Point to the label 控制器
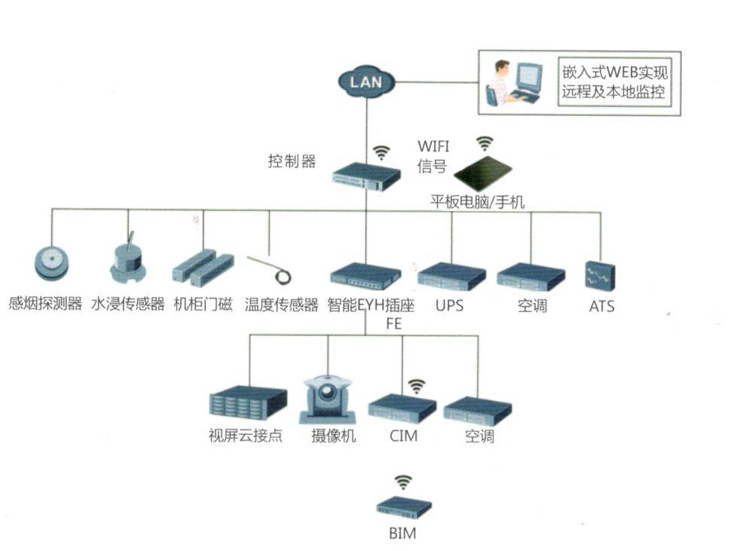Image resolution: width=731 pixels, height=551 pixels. pyautogui.click(x=292, y=161)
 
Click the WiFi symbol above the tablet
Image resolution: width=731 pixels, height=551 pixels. pyautogui.click(x=485, y=143)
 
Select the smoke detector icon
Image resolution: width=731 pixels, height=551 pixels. pyautogui.click(x=54, y=264)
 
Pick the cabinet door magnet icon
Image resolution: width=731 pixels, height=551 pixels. pyautogui.click(x=203, y=268)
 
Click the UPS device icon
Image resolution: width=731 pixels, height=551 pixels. pyautogui.click(x=451, y=276)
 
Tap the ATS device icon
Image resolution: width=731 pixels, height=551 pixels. pyautogui.click(x=601, y=276)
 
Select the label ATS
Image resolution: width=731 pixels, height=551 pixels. pyautogui.click(x=601, y=307)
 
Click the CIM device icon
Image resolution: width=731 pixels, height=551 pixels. pyautogui.click(x=402, y=408)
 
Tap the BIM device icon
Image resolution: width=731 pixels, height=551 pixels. pyautogui.click(x=404, y=508)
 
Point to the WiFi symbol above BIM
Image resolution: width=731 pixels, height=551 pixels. pyautogui.click(x=404, y=482)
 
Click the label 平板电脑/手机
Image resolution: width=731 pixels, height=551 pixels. pyautogui.click(x=477, y=202)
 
